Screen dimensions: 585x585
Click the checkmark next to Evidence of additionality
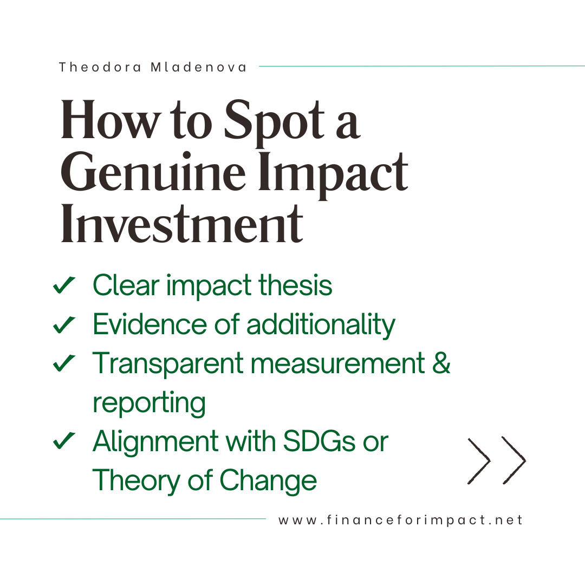(x=64, y=324)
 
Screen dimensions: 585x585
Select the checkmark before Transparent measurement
(x=64, y=364)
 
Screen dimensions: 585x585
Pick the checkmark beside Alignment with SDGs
(x=64, y=442)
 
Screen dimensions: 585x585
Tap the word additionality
(x=321, y=324)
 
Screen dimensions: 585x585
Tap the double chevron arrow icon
(x=497, y=460)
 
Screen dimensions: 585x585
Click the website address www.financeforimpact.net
(x=401, y=520)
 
